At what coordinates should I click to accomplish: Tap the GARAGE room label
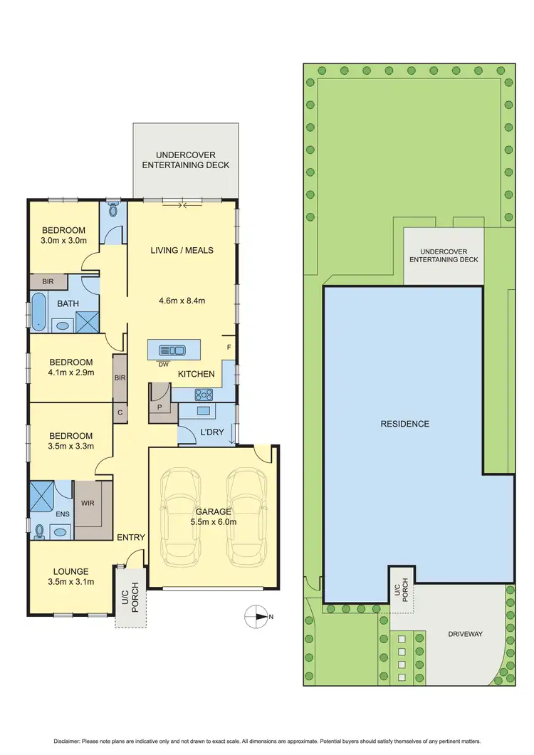pyautogui.click(x=213, y=511)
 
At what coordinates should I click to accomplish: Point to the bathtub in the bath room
pyautogui.click(x=38, y=315)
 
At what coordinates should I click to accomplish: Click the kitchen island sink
pyautogui.click(x=173, y=350)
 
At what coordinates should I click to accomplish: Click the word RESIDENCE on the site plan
pyautogui.click(x=404, y=424)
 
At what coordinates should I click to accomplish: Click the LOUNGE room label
pyautogui.click(x=70, y=571)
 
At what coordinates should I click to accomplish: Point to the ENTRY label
pyautogui.click(x=131, y=537)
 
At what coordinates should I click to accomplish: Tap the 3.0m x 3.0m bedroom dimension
pyautogui.click(x=63, y=241)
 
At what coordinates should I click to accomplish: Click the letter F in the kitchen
pyautogui.click(x=228, y=347)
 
